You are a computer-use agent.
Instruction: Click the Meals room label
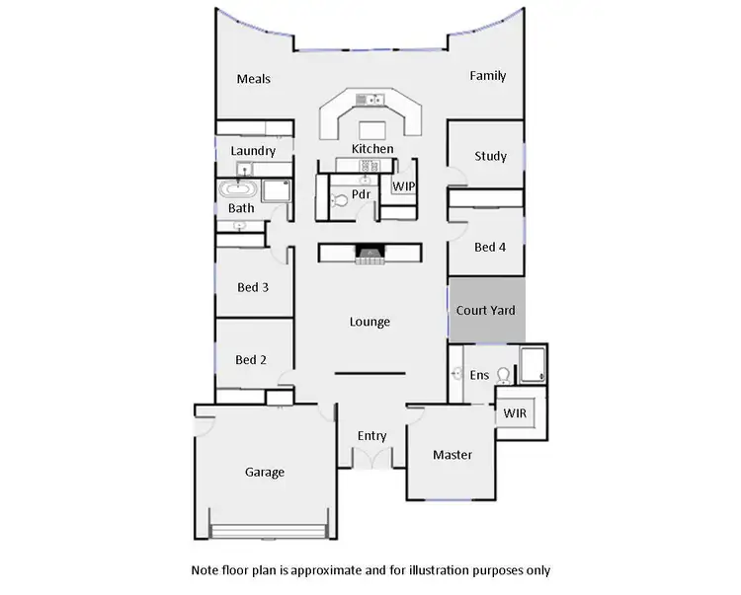(x=254, y=79)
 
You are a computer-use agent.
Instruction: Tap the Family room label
(x=487, y=75)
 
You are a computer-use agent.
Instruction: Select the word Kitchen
(x=372, y=149)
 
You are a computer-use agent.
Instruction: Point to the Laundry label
(x=253, y=151)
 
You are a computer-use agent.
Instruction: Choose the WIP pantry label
(x=404, y=186)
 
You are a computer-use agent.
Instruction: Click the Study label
(x=490, y=156)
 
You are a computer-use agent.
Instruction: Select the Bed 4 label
(x=490, y=247)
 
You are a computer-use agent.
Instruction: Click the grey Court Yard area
(x=486, y=311)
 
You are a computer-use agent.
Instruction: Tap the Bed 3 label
(x=253, y=287)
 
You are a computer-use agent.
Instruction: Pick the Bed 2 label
(x=251, y=359)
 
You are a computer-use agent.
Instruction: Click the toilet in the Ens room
(x=505, y=375)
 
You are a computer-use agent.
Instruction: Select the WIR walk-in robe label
(x=515, y=412)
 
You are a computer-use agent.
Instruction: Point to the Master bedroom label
(x=453, y=455)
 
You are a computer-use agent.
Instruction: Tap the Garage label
(x=264, y=472)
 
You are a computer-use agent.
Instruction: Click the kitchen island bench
(x=372, y=128)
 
